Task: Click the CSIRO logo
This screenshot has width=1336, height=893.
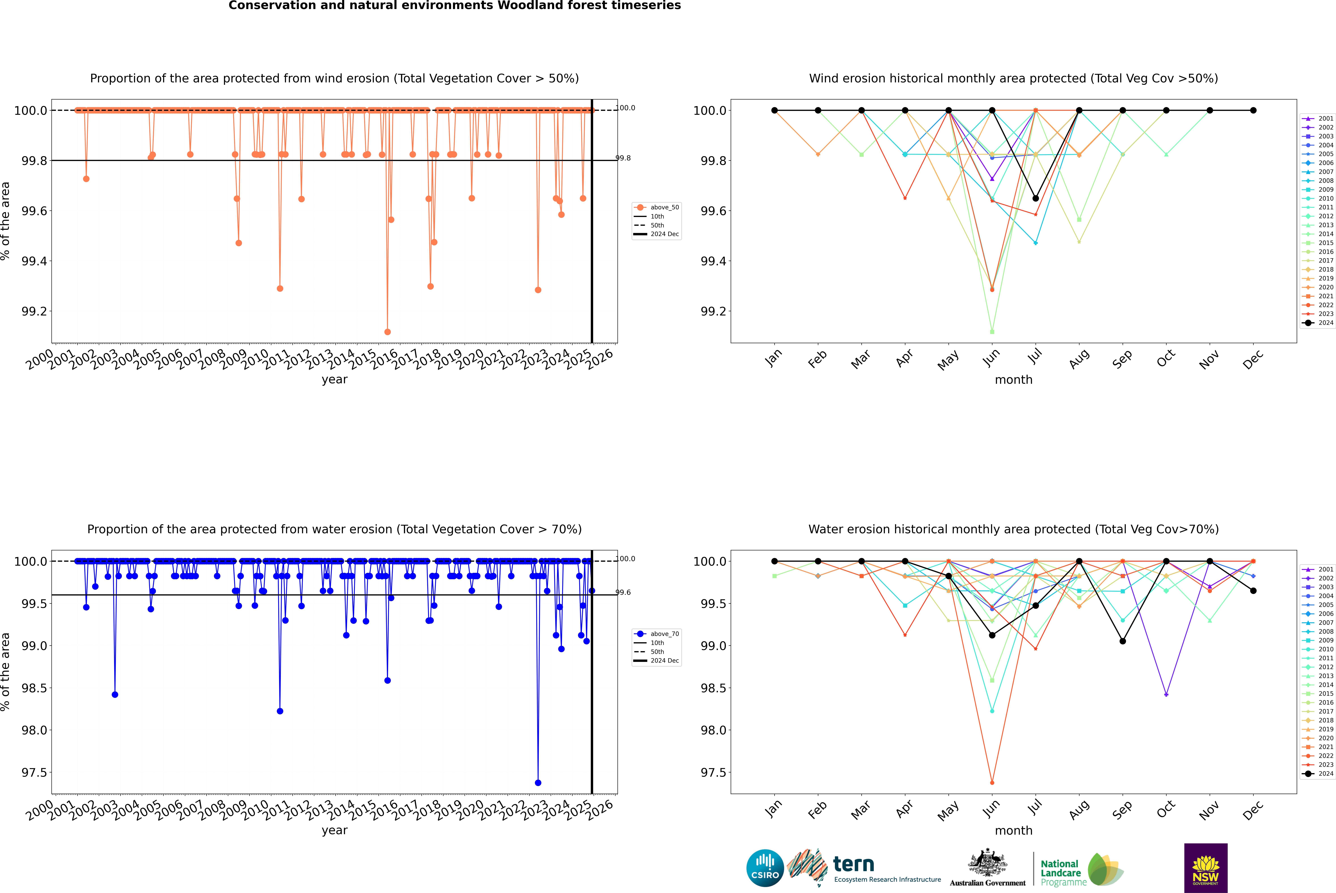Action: click(x=765, y=868)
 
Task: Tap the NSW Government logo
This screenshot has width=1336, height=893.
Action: click(x=1206, y=868)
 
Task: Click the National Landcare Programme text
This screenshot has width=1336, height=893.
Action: click(x=1060, y=873)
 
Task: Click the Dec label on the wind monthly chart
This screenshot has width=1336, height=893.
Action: click(x=1253, y=360)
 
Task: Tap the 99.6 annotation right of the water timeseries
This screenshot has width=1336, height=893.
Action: click(x=624, y=592)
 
